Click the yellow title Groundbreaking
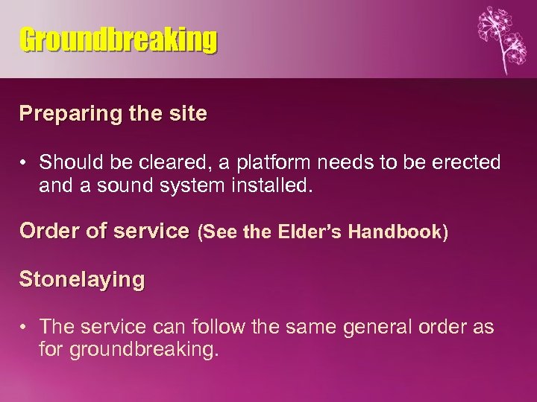(119, 40)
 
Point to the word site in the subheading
(189, 114)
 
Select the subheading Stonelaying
(82, 280)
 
